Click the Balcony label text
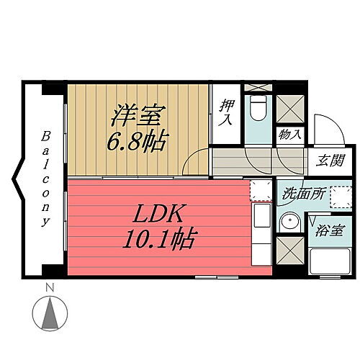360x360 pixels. [45, 179]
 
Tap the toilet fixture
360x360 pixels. [256, 110]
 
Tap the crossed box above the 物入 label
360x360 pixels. [289, 110]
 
